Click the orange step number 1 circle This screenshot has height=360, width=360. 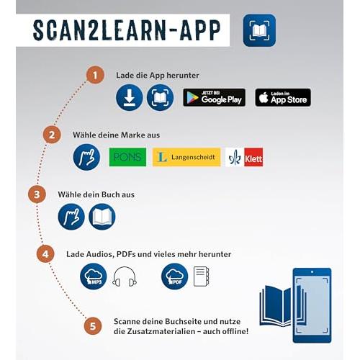(x=95, y=75)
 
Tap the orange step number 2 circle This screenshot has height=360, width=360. (x=52, y=135)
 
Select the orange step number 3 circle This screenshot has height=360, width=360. (x=37, y=194)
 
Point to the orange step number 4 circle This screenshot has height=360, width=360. (x=45, y=253)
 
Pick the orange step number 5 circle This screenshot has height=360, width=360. (x=93, y=326)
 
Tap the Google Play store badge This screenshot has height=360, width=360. (x=214, y=97)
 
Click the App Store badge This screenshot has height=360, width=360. (x=283, y=97)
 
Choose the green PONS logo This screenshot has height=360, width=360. (x=127, y=157)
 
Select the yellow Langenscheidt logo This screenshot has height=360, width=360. (x=186, y=157)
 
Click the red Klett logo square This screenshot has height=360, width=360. (x=253, y=157)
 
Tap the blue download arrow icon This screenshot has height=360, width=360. (x=130, y=97)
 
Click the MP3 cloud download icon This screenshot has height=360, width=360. (x=94, y=276)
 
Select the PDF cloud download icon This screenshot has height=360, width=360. (x=174, y=276)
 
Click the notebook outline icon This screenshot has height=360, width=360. (x=201, y=276)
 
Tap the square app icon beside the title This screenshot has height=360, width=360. (x=259, y=30)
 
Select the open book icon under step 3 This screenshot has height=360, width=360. (x=102, y=217)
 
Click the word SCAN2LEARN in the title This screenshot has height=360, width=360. (x=99, y=30)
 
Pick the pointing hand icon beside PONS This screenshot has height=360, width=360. (x=86, y=157)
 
